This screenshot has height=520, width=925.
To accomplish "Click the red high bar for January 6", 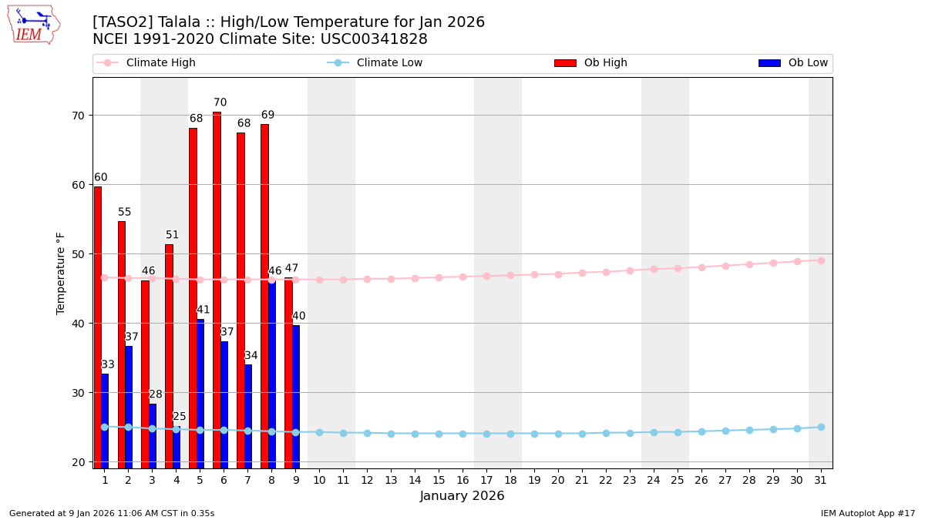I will click(x=217, y=290).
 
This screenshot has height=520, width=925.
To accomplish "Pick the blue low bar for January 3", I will click(x=153, y=435).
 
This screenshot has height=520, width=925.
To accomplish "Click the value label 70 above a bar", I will click(x=220, y=102).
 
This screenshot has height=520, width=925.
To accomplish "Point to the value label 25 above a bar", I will click(x=180, y=417).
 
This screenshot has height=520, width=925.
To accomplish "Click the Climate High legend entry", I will click(x=146, y=63).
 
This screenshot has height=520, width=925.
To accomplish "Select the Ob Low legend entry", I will click(x=793, y=63).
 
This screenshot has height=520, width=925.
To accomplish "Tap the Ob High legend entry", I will click(x=590, y=63).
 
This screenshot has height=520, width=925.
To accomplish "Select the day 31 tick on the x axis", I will click(x=821, y=480).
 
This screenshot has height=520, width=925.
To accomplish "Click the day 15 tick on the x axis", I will click(x=439, y=480).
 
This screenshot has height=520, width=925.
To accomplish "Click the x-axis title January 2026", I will click(x=462, y=496).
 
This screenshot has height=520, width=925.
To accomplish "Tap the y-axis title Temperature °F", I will click(x=62, y=273).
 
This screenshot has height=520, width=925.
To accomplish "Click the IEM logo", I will click(x=33, y=25).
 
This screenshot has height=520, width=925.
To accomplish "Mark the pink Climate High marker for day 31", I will click(x=821, y=260).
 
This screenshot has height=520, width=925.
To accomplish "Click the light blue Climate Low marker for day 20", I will click(x=558, y=434).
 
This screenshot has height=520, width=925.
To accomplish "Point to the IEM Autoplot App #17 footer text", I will click(x=867, y=513).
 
